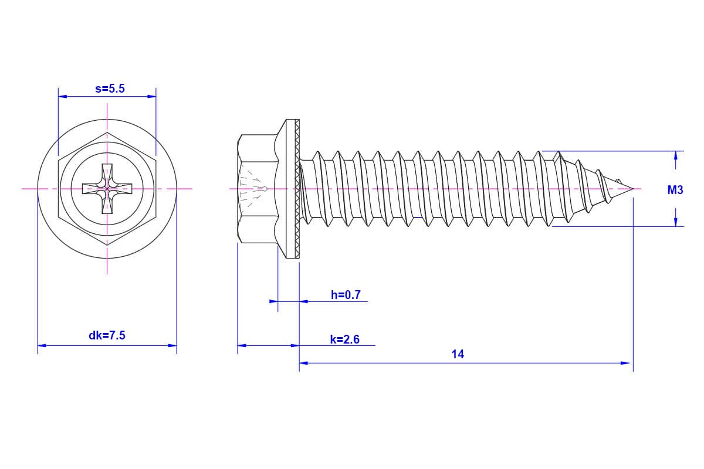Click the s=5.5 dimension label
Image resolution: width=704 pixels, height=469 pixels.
tap(110, 89)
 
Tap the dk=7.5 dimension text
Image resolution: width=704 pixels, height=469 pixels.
tap(107, 336)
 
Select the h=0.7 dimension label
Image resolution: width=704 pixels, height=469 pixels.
tap(346, 295)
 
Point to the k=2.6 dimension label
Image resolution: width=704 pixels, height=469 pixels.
tap(344, 339)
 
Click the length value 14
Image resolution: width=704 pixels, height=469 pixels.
tap(458, 354)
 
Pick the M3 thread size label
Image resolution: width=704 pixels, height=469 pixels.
tap(675, 190)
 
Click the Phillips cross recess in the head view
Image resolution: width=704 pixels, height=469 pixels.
tap(107, 188)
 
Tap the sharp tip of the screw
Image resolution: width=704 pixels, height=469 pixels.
tap(632, 189)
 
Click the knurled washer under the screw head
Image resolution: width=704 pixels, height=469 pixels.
tap(297, 188)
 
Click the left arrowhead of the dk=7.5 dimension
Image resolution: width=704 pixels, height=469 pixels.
tap(42, 345)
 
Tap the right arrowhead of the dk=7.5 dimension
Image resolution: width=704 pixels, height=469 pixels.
tap(172, 345)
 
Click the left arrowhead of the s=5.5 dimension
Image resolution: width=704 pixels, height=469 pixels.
tap(62, 97)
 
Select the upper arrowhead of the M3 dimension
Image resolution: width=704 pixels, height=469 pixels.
tap(676, 156)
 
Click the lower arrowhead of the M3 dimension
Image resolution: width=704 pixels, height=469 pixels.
tap(676, 222)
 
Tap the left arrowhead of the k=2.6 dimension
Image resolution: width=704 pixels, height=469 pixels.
tap(242, 345)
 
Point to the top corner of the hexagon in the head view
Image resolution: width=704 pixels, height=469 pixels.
tap(107, 132)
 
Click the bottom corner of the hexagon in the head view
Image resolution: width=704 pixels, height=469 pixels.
tap(107, 244)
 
